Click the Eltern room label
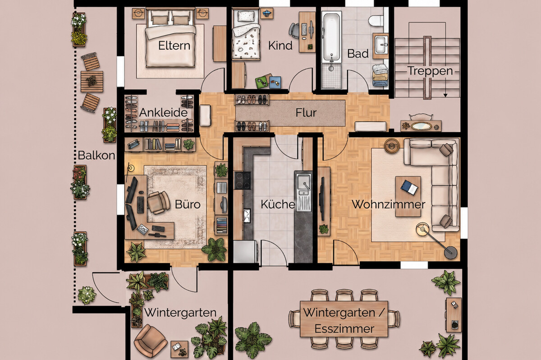click(174, 46)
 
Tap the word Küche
click(278, 204)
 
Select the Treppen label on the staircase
click(430, 71)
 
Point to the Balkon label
click(96, 155)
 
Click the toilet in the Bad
click(376, 21)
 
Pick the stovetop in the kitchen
click(243, 180)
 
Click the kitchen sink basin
click(303, 182)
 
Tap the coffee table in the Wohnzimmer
click(408, 196)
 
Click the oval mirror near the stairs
click(422, 126)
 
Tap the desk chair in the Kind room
click(294, 31)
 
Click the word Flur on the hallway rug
click(306, 113)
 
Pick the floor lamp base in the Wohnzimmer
click(451, 253)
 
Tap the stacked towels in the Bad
click(380, 74)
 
